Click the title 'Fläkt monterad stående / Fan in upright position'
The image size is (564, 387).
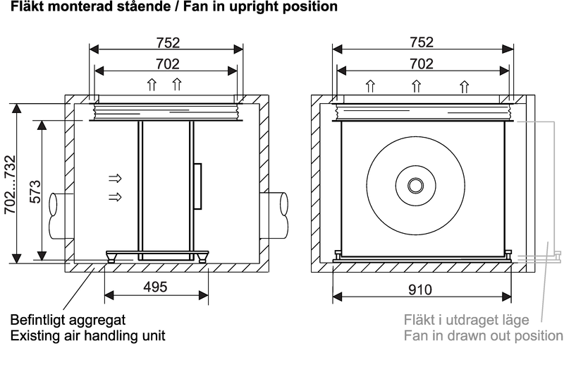click(x=169, y=7)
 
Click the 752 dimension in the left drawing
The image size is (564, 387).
click(x=167, y=42)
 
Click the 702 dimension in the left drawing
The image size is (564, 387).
click(x=167, y=64)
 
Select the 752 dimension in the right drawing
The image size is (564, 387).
click(x=422, y=42)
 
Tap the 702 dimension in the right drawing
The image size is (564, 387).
click(x=422, y=64)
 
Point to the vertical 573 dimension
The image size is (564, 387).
click(x=32, y=191)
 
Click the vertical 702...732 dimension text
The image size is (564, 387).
click(x=8, y=184)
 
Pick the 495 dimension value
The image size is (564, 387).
click(x=155, y=287)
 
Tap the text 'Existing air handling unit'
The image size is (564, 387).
click(x=87, y=335)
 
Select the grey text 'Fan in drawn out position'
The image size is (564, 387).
click(x=483, y=335)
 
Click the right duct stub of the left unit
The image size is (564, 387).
click(x=277, y=213)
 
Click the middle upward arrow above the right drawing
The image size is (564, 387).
click(x=417, y=88)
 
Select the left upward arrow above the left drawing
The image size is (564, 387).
click(x=151, y=86)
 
